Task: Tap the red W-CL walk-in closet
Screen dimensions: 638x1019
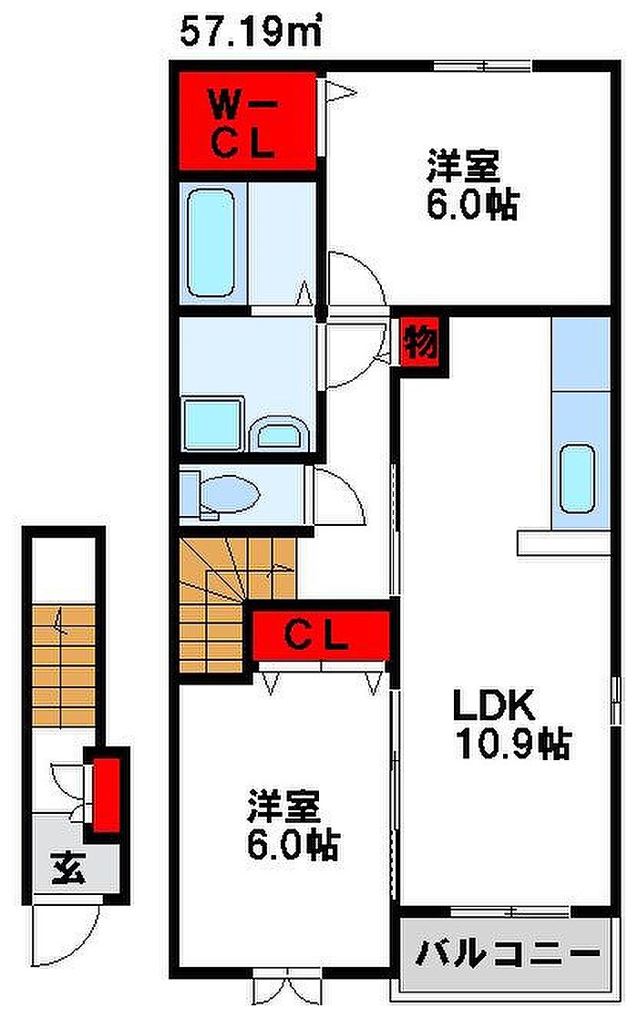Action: point(248,121)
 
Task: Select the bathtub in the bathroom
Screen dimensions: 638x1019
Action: point(210,242)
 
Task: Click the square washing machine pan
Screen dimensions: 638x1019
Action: point(212,425)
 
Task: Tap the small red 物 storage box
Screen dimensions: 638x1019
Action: point(420,341)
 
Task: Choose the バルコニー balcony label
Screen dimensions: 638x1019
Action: point(507,953)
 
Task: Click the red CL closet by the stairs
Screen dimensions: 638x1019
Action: point(321,635)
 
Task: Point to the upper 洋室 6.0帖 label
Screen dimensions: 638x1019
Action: point(472,185)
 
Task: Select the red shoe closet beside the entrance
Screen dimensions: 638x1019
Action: point(106,794)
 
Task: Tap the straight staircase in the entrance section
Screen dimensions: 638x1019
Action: point(64,666)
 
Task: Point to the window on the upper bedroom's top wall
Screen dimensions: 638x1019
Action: point(482,65)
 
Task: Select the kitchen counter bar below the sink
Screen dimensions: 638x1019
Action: point(563,542)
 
